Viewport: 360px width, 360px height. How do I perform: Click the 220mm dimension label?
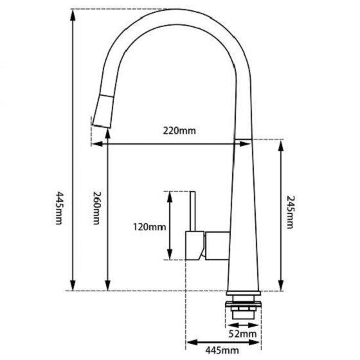click(179, 131)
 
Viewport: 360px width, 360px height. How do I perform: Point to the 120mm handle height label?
click(150, 226)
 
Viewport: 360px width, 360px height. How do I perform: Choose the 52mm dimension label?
click(244, 334)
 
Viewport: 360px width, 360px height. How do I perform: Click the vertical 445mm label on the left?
click(59, 208)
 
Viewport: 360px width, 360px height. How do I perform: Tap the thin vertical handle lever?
click(191, 210)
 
